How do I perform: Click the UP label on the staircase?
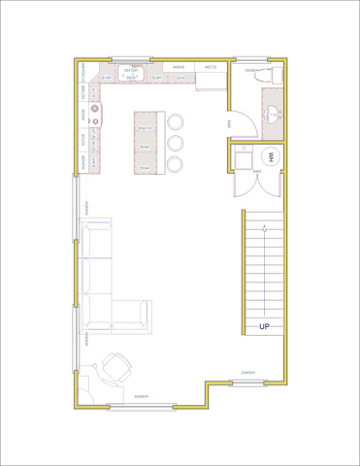[264, 327]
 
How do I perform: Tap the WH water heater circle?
[271, 156]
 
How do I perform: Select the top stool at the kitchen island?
[176, 123]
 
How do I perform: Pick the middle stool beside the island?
[176, 144]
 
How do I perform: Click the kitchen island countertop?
[145, 142]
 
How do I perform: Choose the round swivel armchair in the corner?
[117, 368]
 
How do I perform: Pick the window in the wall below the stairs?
[248, 381]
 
